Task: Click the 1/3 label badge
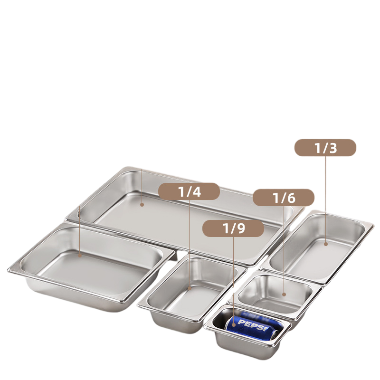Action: pos(325,148)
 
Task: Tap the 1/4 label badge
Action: pos(189,191)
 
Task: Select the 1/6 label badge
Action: pos(284,198)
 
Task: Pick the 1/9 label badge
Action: pos(233,228)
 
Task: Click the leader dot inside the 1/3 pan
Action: pos(325,244)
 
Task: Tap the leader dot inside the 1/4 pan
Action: pos(189,287)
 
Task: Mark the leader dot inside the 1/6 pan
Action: pos(284,294)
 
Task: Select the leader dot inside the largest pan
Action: pos(142,204)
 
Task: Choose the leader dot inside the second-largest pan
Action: pos(79,255)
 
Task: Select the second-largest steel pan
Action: pos(90,266)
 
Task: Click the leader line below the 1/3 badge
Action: pos(325,199)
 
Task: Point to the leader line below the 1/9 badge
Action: pos(233,275)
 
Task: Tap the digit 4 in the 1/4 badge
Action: pos(196,191)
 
